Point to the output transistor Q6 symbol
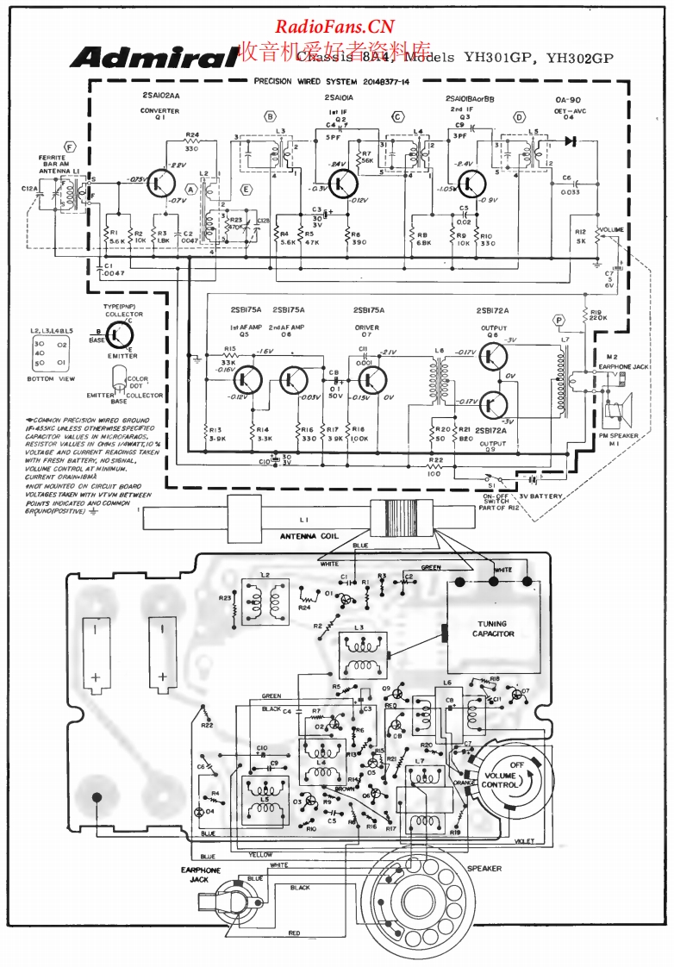click(494, 356)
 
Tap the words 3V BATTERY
click(540, 496)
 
